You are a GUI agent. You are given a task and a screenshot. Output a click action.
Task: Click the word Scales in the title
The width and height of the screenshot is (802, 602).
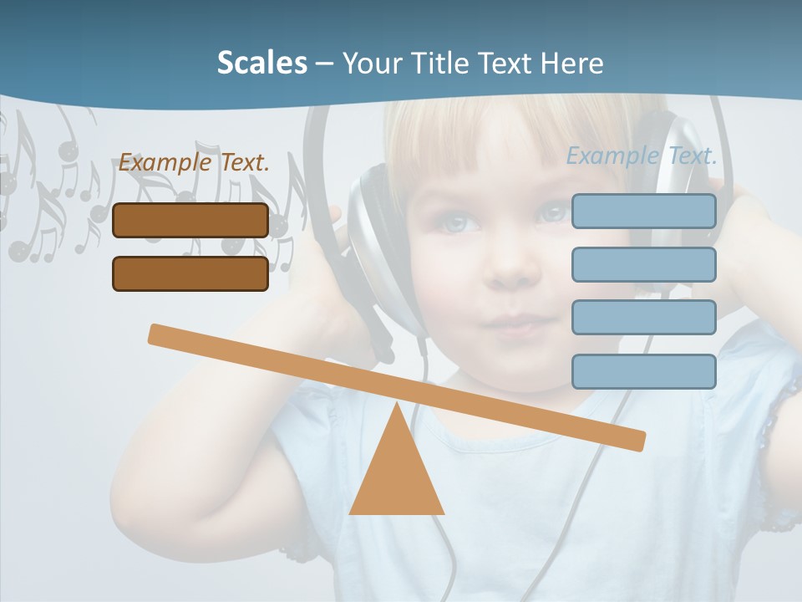(261, 64)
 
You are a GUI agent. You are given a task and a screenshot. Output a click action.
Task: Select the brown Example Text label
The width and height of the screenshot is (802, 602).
(194, 163)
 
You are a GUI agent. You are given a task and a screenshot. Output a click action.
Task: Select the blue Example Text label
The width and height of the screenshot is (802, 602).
(642, 156)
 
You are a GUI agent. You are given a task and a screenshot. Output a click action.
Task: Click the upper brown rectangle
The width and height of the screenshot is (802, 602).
(190, 220)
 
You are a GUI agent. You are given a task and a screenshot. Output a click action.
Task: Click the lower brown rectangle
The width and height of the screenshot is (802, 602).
(190, 273)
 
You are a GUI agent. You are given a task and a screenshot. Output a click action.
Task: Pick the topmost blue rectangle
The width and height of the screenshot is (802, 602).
(643, 211)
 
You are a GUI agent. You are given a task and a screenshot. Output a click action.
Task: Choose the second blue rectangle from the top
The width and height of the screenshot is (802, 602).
(643, 264)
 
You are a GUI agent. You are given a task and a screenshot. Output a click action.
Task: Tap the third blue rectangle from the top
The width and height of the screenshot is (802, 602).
(643, 318)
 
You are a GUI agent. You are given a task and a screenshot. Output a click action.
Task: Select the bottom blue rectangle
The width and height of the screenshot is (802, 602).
(643, 371)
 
